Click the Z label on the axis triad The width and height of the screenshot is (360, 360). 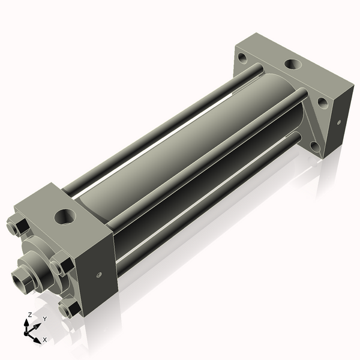(29, 315)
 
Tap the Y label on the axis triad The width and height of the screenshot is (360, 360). (44, 319)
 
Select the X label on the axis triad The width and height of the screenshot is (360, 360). (44, 340)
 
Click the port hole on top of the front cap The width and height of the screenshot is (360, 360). (64, 215)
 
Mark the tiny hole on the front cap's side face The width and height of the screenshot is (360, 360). (99, 276)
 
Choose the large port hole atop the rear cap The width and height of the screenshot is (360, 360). (293, 64)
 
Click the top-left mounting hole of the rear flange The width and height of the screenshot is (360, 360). (242, 59)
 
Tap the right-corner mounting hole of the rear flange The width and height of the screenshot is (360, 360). (322, 103)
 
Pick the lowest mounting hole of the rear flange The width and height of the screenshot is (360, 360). (314, 145)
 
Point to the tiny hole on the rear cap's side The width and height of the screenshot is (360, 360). (339, 123)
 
